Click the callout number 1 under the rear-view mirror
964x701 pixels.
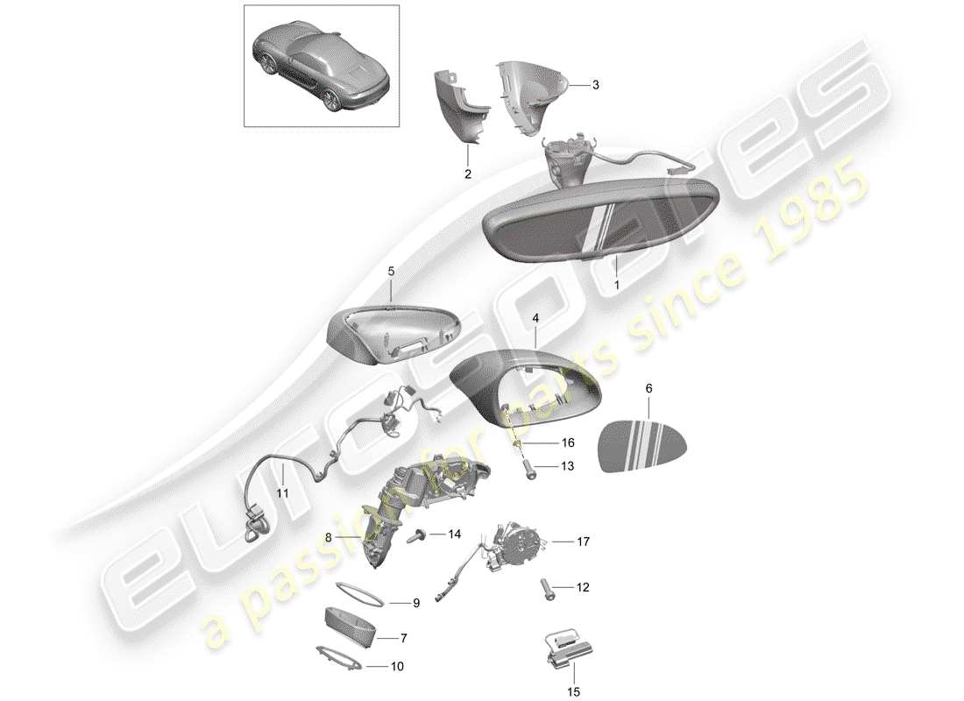615,286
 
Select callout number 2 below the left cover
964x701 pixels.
468,174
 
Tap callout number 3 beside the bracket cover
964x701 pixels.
595,85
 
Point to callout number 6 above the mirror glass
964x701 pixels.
649,387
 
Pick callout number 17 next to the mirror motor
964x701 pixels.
582,542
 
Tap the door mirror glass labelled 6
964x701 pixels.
641,445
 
